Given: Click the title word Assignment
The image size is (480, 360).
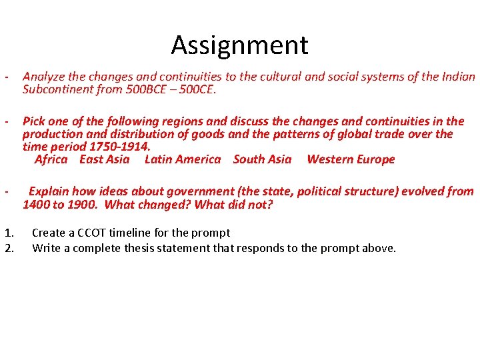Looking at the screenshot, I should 239,45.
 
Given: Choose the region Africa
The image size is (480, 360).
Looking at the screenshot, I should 51,159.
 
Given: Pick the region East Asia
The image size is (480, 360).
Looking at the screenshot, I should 105,159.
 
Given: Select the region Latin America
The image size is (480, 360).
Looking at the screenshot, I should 182,159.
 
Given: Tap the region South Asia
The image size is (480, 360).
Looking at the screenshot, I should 262,159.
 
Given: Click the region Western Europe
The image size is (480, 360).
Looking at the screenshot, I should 351,159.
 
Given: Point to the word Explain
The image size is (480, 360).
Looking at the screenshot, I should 49,191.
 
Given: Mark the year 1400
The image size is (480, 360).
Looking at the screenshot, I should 36,205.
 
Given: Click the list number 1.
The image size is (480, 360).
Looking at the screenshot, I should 8,233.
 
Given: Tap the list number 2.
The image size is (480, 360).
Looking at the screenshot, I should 8,249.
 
